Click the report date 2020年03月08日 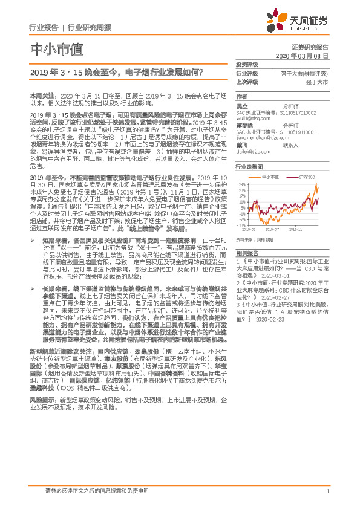pos(306,55)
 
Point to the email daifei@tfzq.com pos(250,152)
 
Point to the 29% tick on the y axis pos(241,183)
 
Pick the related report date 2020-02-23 pos(258,319)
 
